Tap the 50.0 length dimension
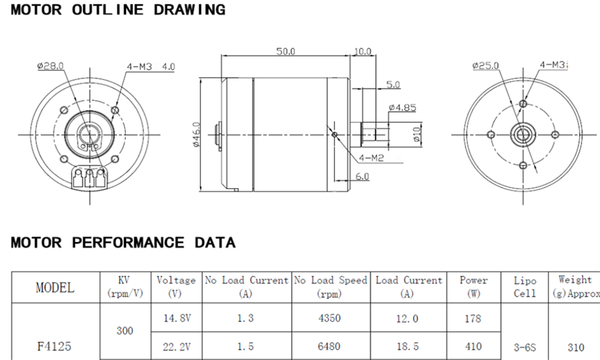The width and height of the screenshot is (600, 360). click(286, 52)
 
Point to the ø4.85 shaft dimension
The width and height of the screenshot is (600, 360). click(402, 108)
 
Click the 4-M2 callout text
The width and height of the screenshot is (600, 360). click(371, 158)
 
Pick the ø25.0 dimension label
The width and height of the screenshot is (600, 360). click(485, 65)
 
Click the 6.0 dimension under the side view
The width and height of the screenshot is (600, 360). click(362, 176)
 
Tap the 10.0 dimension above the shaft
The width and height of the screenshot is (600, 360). click(362, 52)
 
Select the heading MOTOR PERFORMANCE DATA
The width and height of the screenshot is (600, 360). click(123, 243)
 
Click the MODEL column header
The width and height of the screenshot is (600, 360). click(55, 287)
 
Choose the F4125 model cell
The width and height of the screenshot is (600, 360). click(55, 346)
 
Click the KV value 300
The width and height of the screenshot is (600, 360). click(125, 331)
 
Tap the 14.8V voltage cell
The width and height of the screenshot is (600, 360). click(176, 318)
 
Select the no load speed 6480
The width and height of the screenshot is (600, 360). click(331, 346)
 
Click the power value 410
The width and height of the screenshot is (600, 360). click(473, 346)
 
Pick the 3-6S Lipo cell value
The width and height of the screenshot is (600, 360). click(525, 346)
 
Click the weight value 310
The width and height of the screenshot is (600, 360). click(575, 346)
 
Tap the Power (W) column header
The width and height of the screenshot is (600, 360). click(473, 287)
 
